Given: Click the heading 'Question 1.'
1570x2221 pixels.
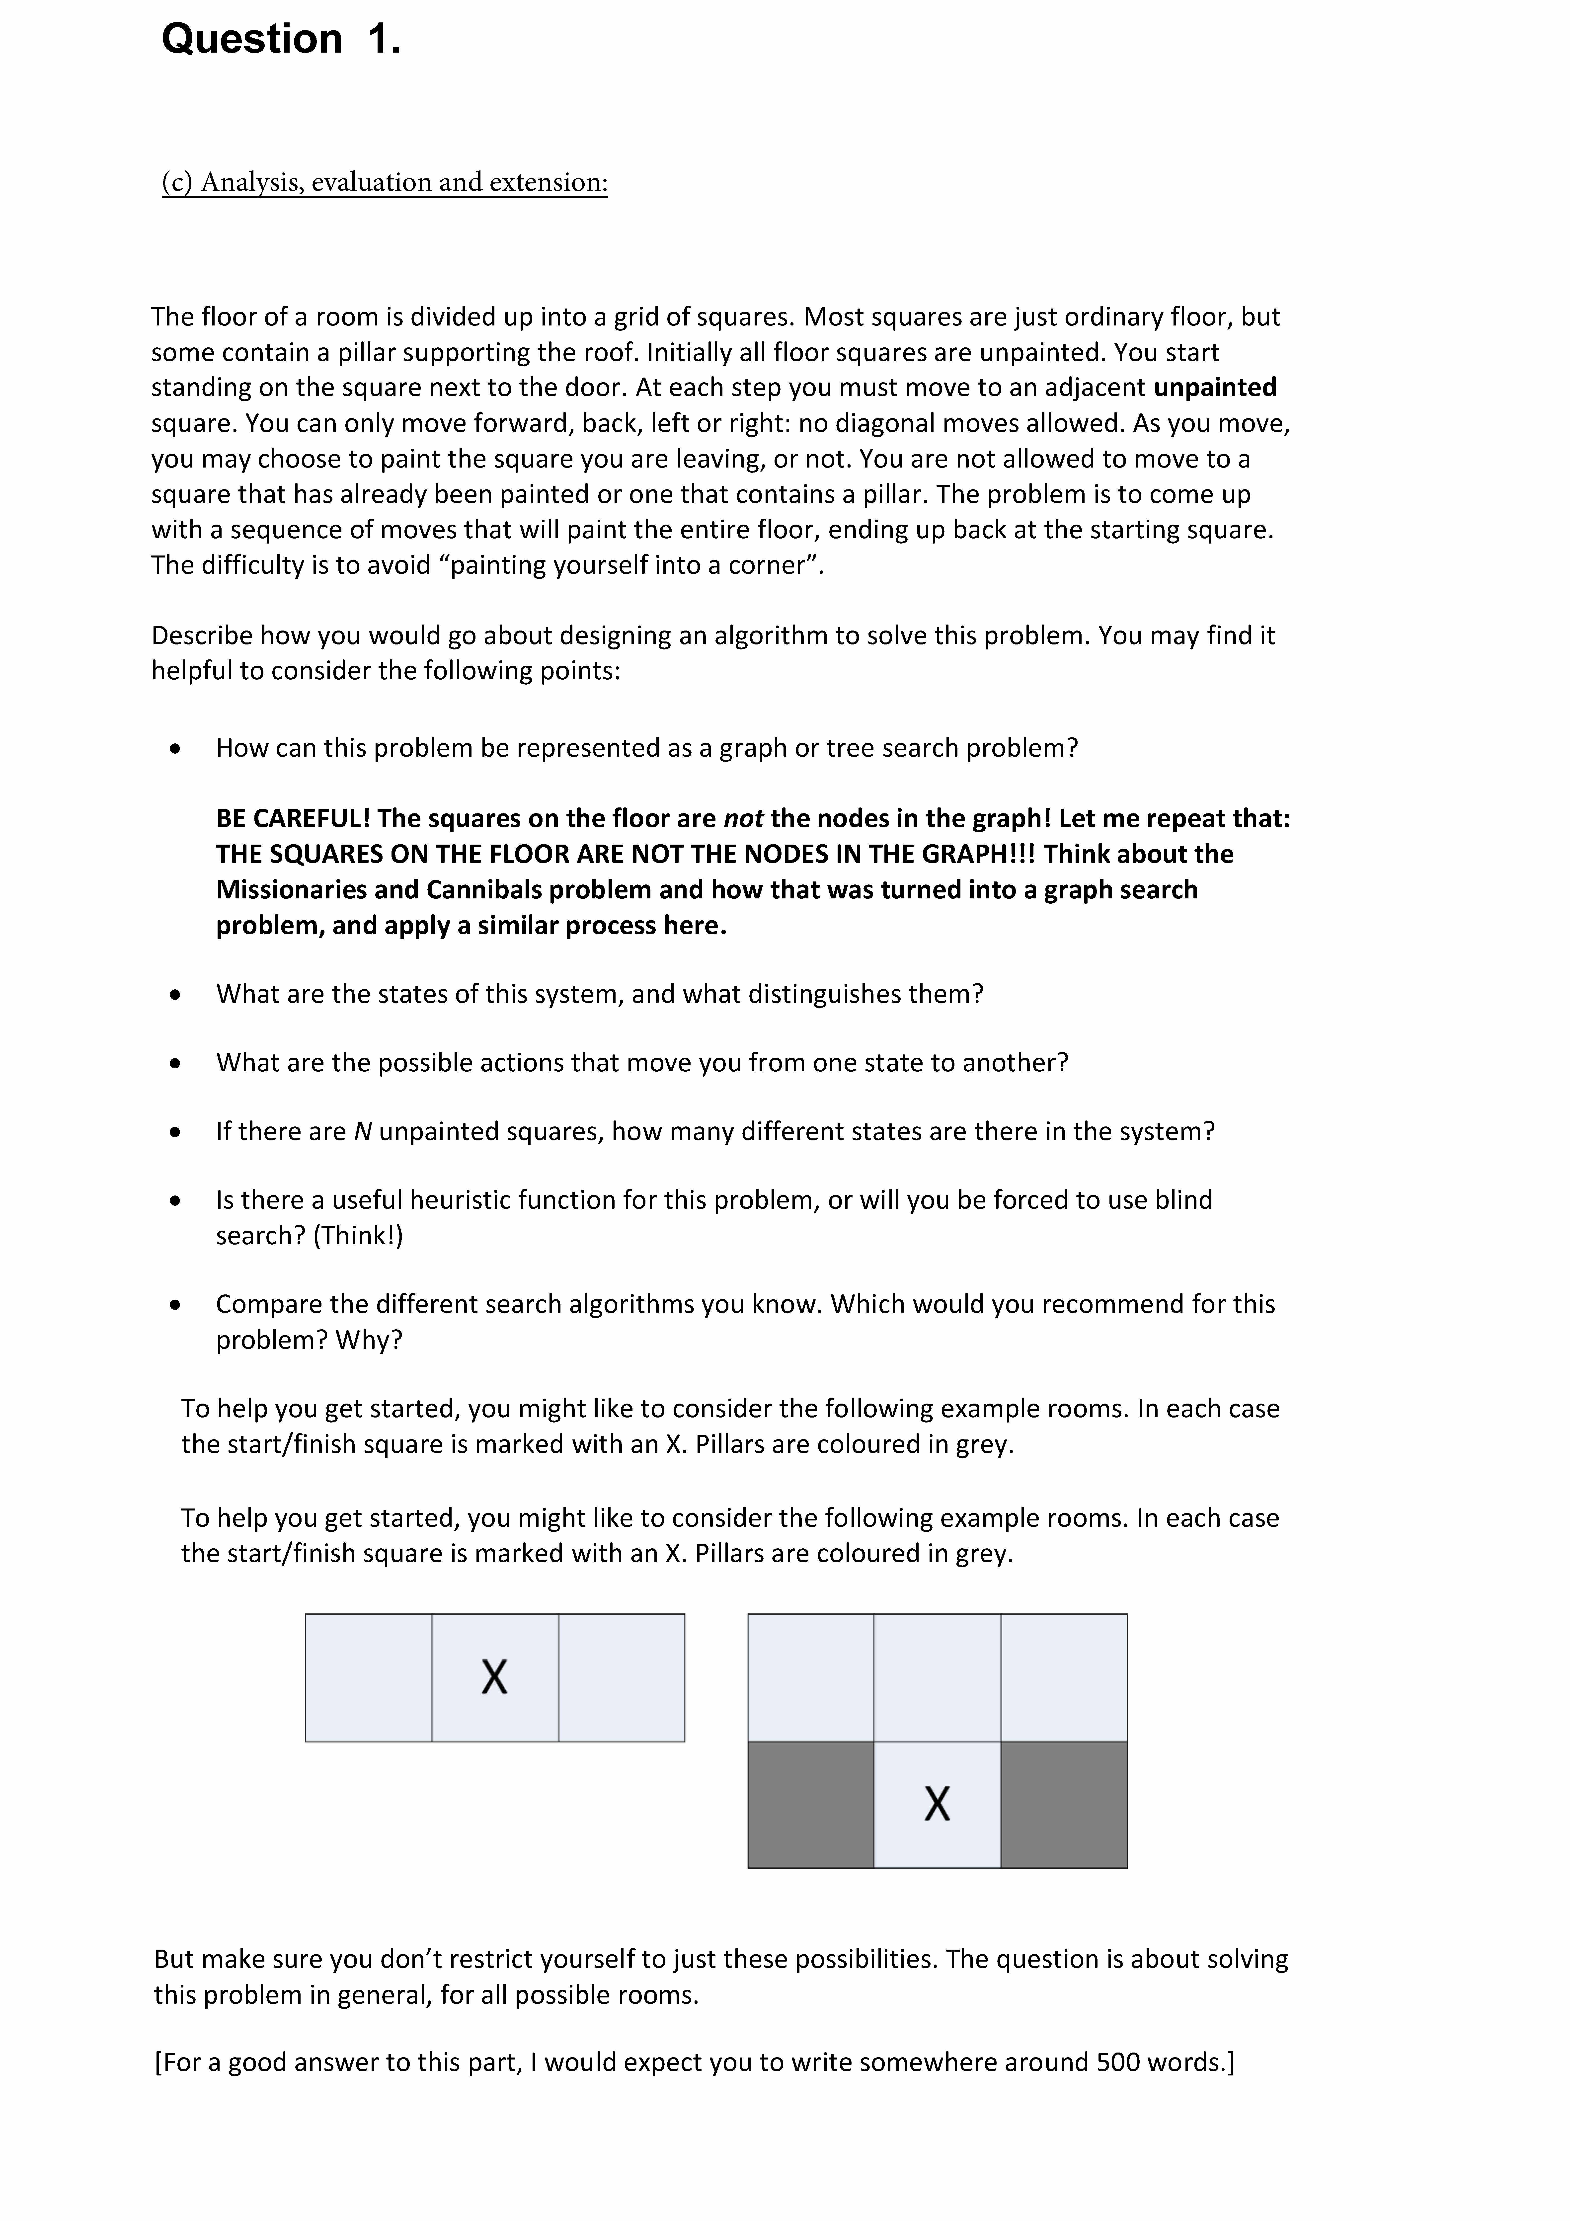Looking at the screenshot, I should click(281, 40).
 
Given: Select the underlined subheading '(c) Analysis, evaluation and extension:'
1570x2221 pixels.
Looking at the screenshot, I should click(384, 182).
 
